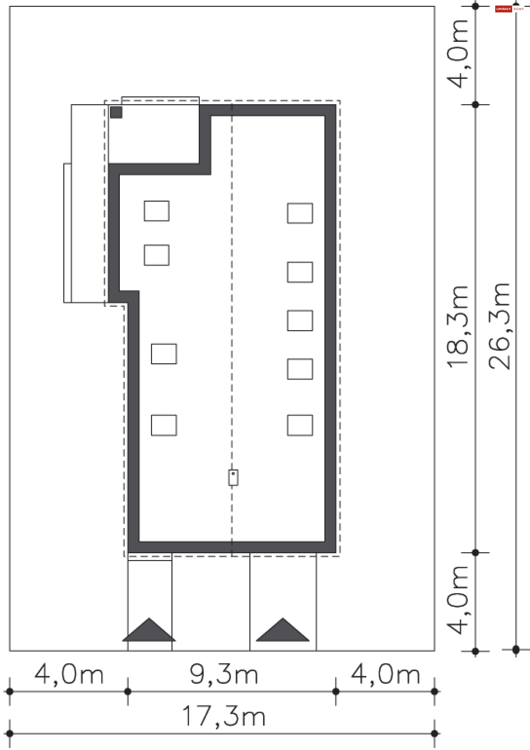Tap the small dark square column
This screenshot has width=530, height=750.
(116, 112)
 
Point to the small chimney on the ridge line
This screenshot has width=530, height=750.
(233, 478)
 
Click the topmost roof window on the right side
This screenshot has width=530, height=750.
(300, 213)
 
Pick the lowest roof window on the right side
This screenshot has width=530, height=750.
(300, 425)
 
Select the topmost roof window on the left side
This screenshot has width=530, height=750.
(157, 211)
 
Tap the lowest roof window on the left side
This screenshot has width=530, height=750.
(164, 425)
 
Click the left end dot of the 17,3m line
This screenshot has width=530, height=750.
(10, 734)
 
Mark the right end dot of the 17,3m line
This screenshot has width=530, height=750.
(434, 734)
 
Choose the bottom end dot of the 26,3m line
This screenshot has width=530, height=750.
(516, 650)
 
